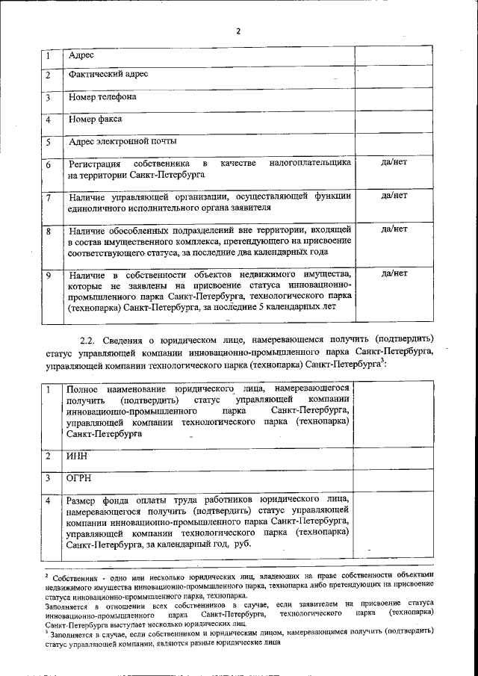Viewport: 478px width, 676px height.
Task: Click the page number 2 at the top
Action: click(238, 31)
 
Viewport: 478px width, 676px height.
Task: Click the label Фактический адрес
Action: click(108, 75)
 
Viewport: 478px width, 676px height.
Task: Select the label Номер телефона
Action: click(102, 97)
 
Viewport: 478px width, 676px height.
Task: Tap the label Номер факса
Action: click(95, 120)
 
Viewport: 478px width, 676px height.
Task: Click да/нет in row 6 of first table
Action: click(394, 163)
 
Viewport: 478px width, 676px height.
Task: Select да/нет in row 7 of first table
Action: click(394, 196)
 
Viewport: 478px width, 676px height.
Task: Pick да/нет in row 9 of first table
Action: click(394, 274)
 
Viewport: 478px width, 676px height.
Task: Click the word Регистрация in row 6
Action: click(94, 164)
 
